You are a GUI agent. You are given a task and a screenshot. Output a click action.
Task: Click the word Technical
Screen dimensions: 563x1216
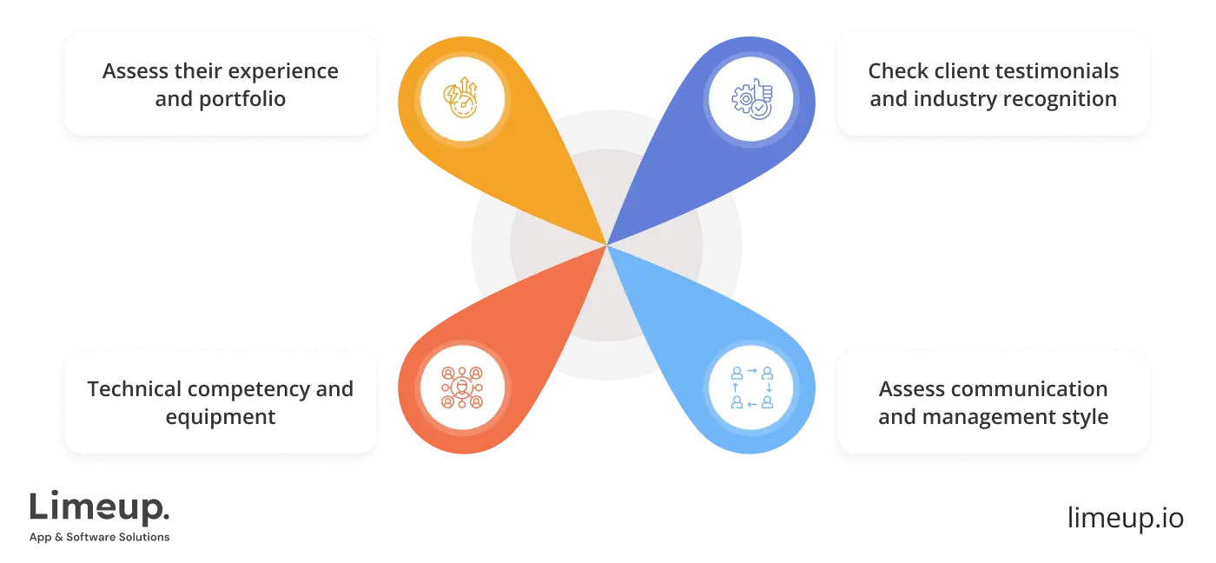[135, 388]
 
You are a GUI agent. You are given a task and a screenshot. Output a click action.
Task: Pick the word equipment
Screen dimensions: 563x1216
[221, 416]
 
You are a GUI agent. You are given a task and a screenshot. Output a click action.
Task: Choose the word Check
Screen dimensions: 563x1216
[895, 71]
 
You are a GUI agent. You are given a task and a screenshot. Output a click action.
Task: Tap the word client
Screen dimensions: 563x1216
[955, 71]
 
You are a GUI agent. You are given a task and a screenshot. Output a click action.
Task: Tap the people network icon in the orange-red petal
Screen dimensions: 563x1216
[462, 387]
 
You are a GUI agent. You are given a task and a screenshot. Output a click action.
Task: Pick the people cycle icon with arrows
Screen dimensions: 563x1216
[752, 387]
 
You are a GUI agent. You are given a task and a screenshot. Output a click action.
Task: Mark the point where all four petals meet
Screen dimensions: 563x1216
[606, 245]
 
